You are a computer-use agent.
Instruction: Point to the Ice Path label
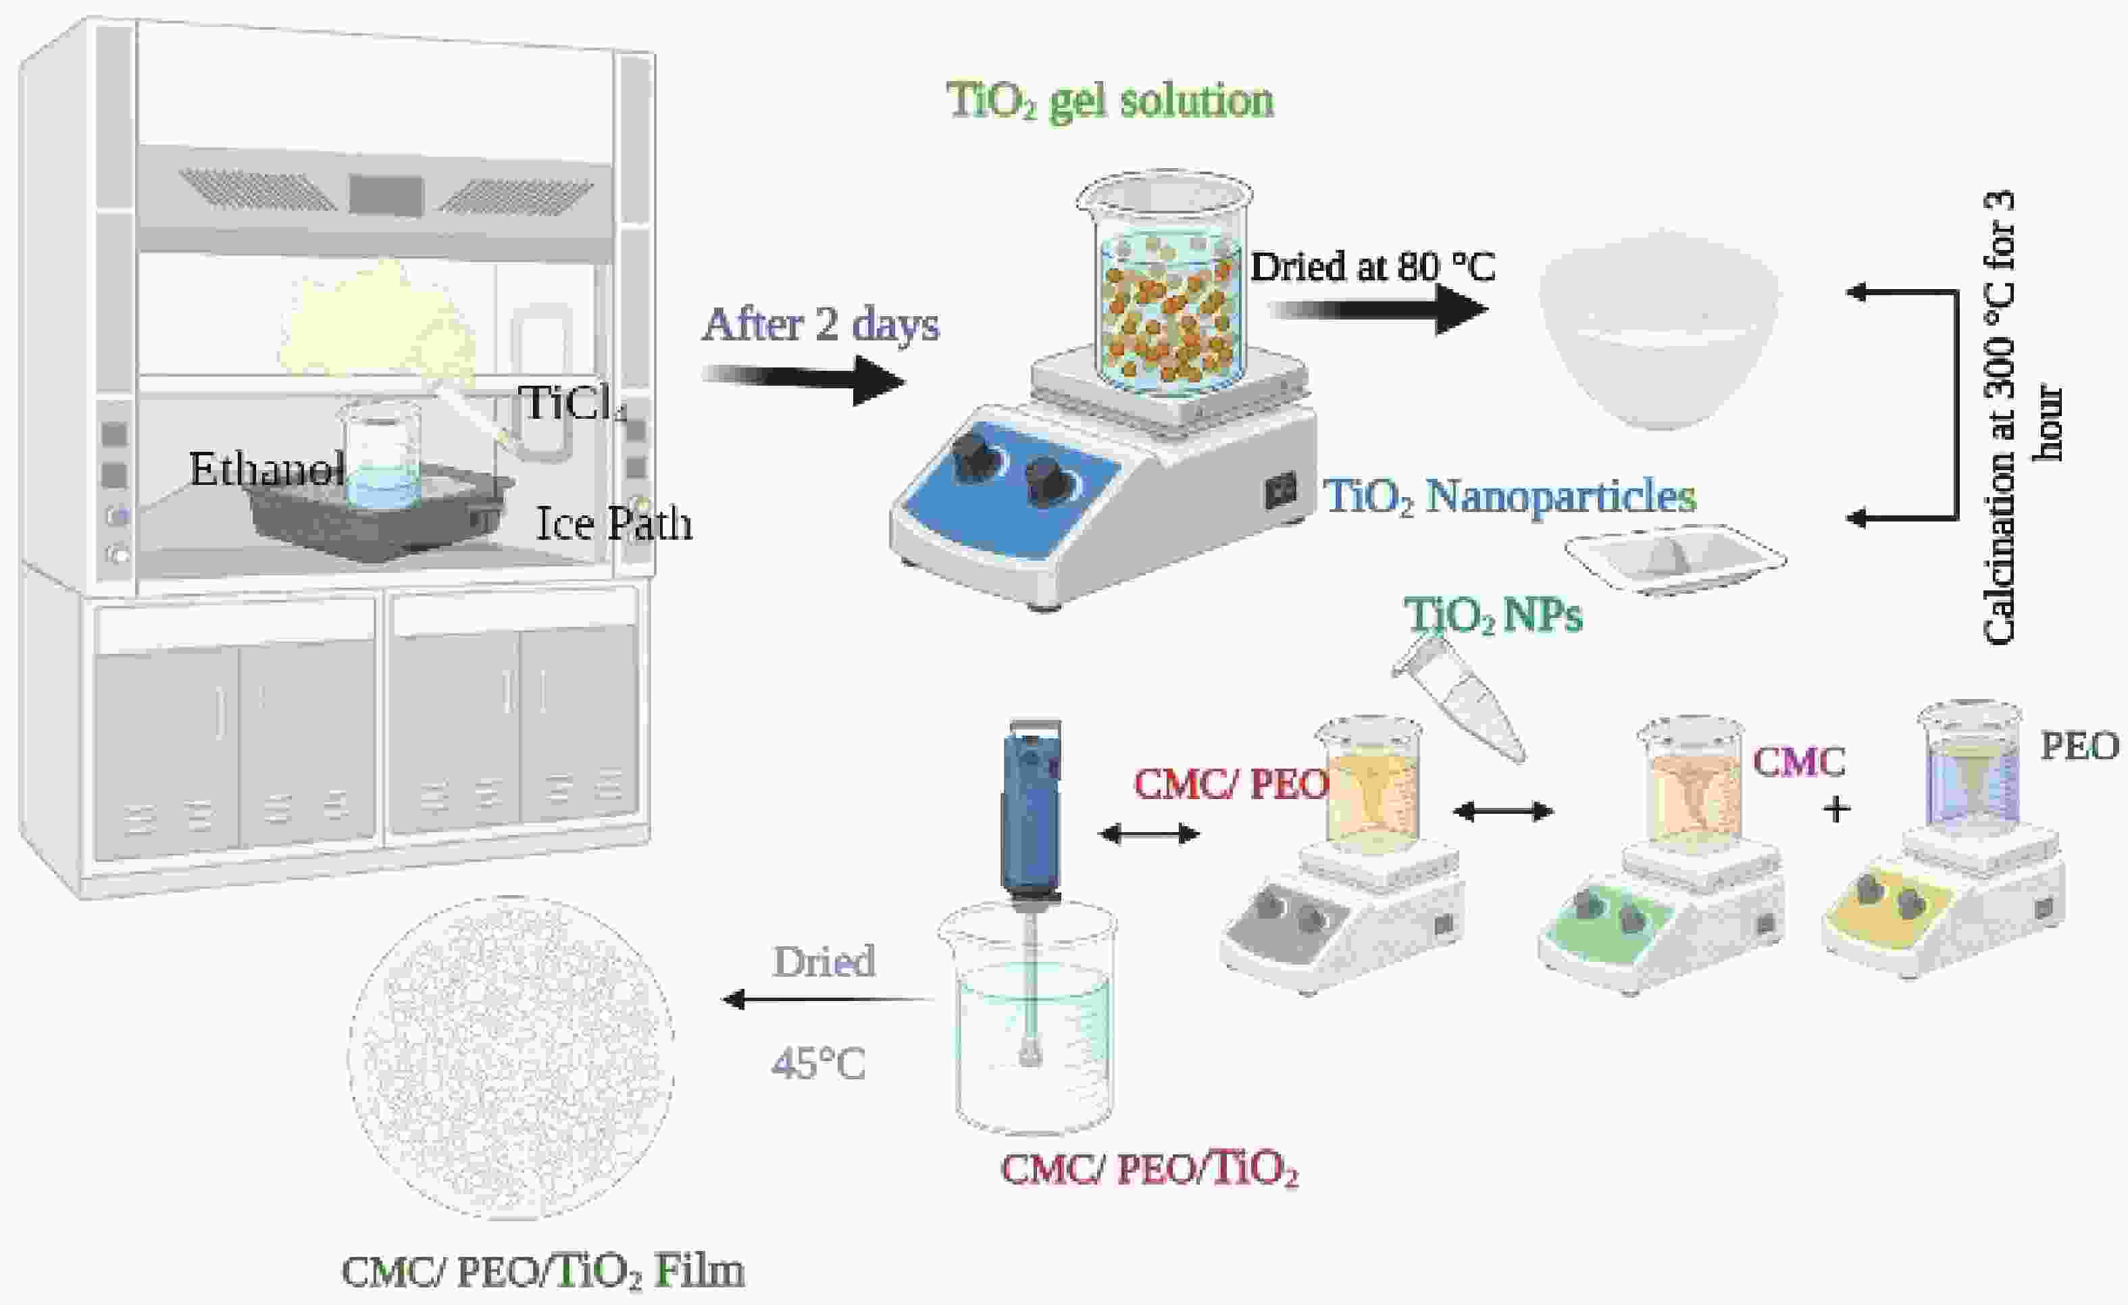coord(614,523)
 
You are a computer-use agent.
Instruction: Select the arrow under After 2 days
coord(804,382)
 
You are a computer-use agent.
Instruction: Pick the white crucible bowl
coord(1658,330)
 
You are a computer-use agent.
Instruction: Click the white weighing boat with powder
coord(1675,559)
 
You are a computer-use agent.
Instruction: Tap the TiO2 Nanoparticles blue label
coord(1511,496)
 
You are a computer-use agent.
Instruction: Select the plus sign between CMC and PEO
coord(1837,810)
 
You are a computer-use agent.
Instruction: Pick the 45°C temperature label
coord(818,1064)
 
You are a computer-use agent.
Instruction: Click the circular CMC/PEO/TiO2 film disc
coord(511,1057)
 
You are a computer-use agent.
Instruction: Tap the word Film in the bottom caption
coord(699,1271)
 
